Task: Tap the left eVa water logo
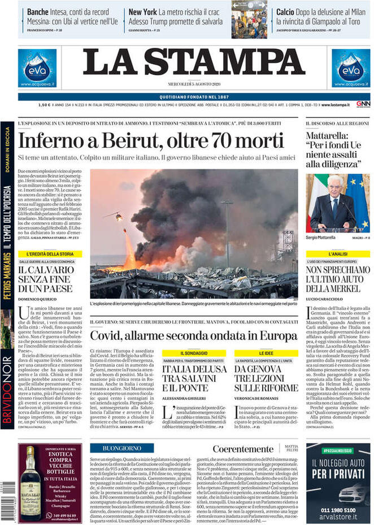click(37, 68)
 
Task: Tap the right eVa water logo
click(350, 68)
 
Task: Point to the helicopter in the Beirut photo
click(115, 216)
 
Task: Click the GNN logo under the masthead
click(363, 104)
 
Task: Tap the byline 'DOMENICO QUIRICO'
click(38, 298)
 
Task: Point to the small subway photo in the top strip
click(249, 19)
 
